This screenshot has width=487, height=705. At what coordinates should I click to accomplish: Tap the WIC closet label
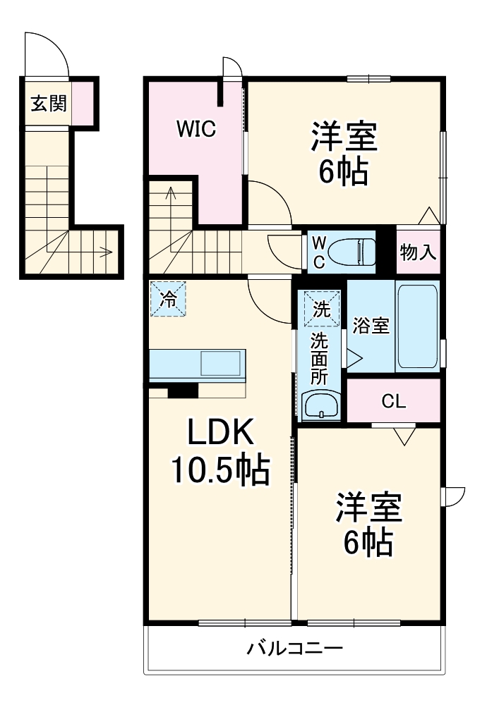pos(196,129)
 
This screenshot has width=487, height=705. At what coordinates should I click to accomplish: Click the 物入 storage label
pos(418,252)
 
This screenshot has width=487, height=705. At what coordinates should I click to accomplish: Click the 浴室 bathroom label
pos(371,326)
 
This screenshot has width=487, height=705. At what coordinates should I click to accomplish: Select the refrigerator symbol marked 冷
pos(168,299)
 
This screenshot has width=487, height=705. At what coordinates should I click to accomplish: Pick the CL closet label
pos(393,402)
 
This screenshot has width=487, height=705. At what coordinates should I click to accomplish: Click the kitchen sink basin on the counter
pos(222,364)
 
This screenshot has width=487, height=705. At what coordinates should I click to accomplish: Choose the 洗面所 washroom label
pos(320,358)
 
